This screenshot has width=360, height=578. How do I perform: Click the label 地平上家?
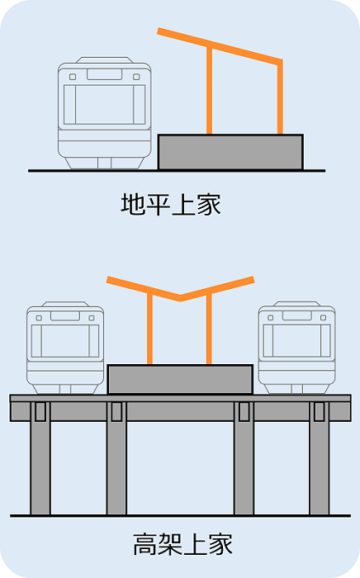171,204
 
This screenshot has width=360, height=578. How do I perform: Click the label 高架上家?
182,544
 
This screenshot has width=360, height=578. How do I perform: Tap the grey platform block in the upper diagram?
230,152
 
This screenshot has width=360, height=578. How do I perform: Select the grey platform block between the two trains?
180,379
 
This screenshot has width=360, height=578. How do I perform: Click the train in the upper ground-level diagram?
105,113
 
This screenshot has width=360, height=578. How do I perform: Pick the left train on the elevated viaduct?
65,348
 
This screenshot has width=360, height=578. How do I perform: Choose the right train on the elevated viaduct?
297,348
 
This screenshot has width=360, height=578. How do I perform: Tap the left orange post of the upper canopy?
209,90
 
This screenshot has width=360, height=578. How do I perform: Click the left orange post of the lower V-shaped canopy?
149,329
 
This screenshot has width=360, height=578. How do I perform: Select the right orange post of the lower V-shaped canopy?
209,329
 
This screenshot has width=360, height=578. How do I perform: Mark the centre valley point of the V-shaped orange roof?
180,298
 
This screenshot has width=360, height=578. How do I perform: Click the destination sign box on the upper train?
105,74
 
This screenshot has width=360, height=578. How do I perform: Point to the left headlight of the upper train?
73,77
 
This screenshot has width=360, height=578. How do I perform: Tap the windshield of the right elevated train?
297,340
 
